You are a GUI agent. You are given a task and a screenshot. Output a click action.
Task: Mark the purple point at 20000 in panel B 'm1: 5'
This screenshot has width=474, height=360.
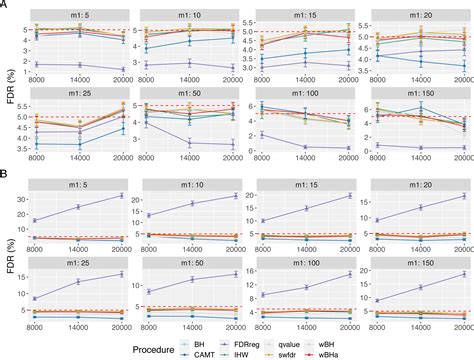121,195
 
